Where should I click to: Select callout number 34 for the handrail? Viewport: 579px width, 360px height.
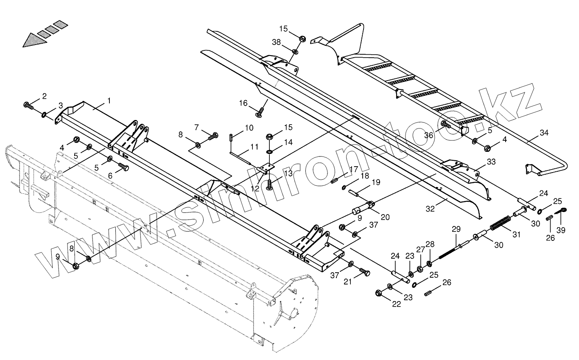(544, 133)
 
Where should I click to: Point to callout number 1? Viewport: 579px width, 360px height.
(109, 101)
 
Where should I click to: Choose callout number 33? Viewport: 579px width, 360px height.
(491, 162)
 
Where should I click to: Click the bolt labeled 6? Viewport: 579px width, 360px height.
(123, 167)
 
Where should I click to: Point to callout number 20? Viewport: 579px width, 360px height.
(385, 217)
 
